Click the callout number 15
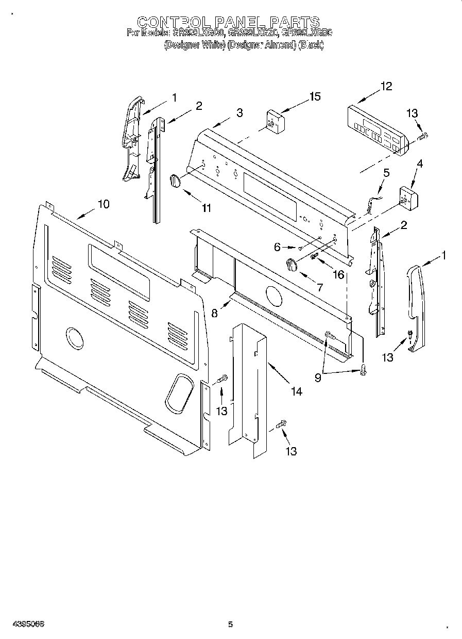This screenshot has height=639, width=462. point(315,96)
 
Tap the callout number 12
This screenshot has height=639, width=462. point(386,86)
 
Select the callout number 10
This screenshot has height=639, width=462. point(104,204)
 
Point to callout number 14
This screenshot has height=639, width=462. point(296,391)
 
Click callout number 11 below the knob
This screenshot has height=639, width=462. point(206,208)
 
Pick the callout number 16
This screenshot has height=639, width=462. point(338,274)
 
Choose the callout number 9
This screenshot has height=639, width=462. point(318,378)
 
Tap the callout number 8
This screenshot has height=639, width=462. point(214,313)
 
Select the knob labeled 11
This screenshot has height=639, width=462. point(175,182)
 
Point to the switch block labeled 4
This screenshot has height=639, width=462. point(409,197)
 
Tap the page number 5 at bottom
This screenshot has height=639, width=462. point(230,625)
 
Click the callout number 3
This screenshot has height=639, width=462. point(239,113)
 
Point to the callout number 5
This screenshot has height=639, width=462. point(387,173)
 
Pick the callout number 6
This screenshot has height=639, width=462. point(278,247)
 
